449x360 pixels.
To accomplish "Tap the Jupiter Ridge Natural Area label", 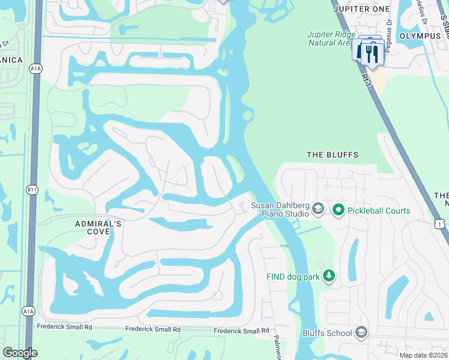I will click(x=333, y=38).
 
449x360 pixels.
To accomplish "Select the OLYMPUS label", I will click(x=420, y=36).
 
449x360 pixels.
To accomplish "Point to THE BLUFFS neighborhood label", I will click(x=333, y=155).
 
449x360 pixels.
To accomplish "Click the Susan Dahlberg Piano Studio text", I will click(x=280, y=209).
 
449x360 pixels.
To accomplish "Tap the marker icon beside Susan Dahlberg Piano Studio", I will click(x=318, y=209).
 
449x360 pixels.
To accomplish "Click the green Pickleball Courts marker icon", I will click(x=338, y=210).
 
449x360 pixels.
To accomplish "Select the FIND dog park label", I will click(x=293, y=277).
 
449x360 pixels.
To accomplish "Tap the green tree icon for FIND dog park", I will click(x=328, y=276).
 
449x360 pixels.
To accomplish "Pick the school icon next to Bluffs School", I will click(x=361, y=332).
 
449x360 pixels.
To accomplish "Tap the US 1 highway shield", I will click(x=441, y=224).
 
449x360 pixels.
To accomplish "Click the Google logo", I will click(x=20, y=353).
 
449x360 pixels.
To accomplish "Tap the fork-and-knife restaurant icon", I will click(x=372, y=53).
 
